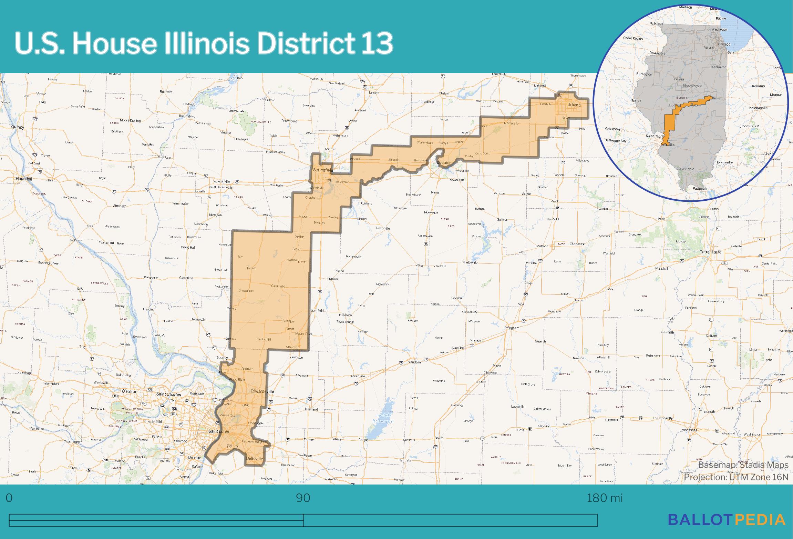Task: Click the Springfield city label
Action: click(x=323, y=170)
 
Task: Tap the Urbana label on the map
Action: click(x=574, y=105)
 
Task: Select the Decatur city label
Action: click(x=444, y=162)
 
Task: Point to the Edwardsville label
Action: click(x=262, y=391)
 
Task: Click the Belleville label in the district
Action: click(x=255, y=459)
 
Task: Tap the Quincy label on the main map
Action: click(x=18, y=127)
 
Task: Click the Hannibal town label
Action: click(x=24, y=179)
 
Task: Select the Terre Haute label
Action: click(x=710, y=252)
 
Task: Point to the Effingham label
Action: click(x=511, y=328)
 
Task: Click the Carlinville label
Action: click(x=279, y=286)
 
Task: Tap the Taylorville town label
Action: click(x=382, y=228)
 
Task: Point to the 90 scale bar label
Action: click(x=303, y=498)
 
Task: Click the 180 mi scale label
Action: click(x=605, y=498)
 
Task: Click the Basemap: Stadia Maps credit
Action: click(x=743, y=465)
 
